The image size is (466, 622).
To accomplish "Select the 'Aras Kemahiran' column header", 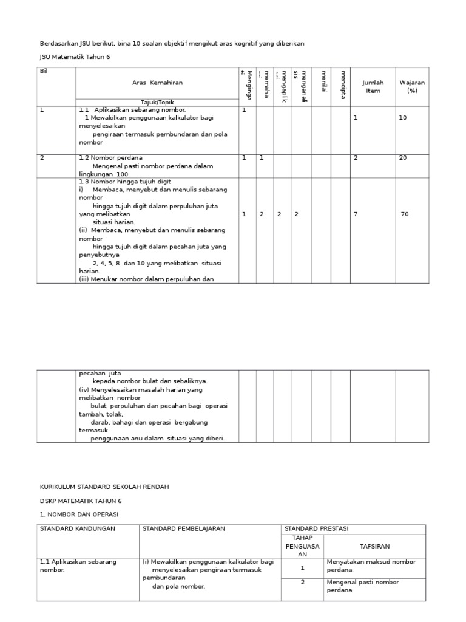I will [x=157, y=83].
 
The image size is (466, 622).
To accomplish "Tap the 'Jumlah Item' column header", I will [x=373, y=86].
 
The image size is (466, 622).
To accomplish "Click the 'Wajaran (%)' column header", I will [x=412, y=86].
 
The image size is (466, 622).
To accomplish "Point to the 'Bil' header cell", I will [x=44, y=71].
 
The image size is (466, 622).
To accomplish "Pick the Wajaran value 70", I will [x=405, y=214].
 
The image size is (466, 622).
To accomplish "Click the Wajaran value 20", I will [x=403, y=158].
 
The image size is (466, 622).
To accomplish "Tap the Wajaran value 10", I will [x=403, y=118].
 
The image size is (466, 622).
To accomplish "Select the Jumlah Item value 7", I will [x=356, y=214].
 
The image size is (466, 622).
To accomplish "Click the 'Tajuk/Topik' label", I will [x=157, y=102].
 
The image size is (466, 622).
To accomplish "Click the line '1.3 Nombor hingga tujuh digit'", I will [x=125, y=182].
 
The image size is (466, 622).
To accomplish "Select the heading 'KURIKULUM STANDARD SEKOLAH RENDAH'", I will [x=104, y=487].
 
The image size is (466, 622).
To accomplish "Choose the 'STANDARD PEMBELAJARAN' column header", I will [x=183, y=528].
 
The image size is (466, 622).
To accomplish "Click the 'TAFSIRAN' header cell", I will [x=374, y=545].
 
